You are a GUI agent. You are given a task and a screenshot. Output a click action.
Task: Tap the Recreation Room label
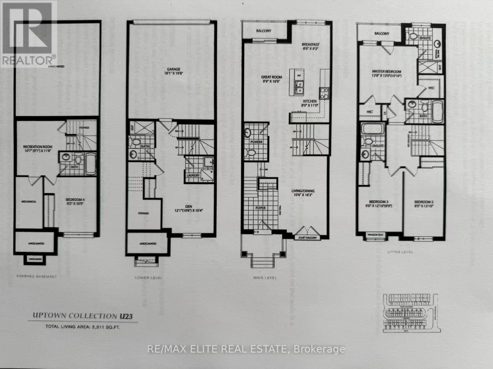click(38, 147)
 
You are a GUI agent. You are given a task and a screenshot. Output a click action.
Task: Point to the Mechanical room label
click(29, 202)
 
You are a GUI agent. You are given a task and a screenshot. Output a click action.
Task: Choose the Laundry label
click(193, 175)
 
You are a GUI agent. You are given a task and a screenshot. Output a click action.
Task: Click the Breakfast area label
click(311, 45)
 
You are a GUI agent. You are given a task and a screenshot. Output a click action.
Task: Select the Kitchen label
click(310, 101)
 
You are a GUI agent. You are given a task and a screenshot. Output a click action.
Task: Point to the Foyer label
click(260, 208)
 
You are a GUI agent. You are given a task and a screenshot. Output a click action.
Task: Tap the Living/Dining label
click(303, 191)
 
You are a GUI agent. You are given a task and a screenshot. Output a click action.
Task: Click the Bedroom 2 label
click(424, 202)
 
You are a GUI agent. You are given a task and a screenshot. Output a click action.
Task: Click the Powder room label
click(256, 142)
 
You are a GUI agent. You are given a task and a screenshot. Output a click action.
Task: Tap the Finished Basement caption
click(36, 276)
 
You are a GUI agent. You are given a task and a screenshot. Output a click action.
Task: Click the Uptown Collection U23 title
click(83, 316)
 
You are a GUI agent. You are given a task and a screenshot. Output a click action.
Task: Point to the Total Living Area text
click(83, 327)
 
